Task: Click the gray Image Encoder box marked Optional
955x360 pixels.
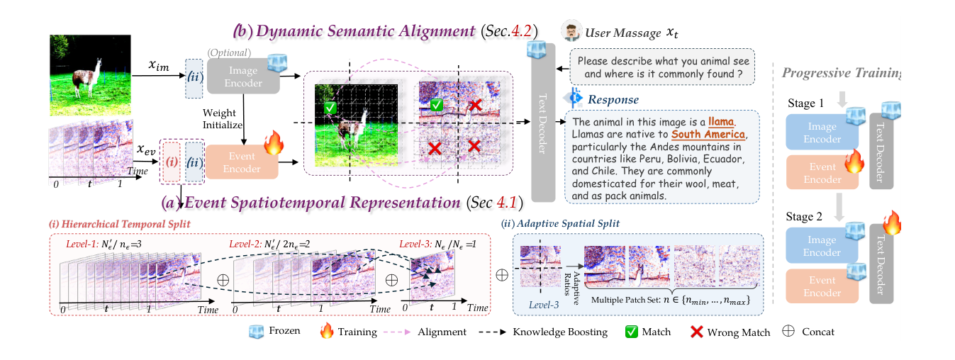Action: click(x=243, y=77)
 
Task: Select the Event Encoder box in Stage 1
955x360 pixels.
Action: click(x=822, y=172)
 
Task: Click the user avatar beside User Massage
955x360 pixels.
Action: click(x=571, y=30)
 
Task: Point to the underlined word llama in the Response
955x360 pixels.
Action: click(x=721, y=122)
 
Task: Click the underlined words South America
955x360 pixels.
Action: click(x=708, y=134)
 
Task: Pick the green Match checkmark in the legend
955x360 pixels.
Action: click(x=632, y=332)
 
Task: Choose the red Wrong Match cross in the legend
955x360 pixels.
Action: click(x=697, y=332)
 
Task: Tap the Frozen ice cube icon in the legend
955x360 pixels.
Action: click(x=256, y=332)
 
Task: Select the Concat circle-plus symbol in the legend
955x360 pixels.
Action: click(x=788, y=331)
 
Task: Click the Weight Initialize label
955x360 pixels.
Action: click(x=222, y=119)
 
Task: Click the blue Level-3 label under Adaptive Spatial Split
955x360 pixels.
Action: click(x=544, y=305)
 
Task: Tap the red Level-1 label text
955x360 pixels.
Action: click(x=82, y=244)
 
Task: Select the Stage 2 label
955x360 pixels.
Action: click(x=804, y=216)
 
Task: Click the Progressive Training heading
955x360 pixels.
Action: click(x=841, y=73)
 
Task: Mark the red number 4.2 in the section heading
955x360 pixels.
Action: click(x=521, y=30)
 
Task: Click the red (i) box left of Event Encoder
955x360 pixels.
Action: click(x=172, y=162)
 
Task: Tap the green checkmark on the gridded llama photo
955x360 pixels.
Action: click(x=330, y=108)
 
